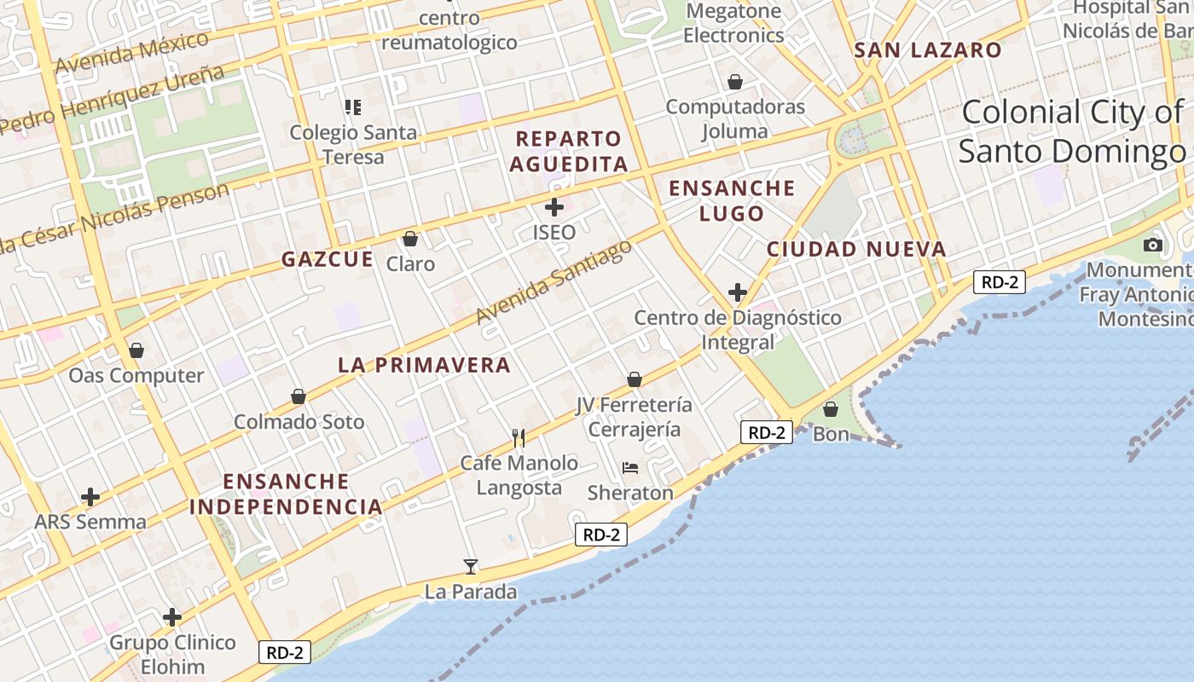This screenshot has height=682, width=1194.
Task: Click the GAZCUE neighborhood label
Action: coord(327,259)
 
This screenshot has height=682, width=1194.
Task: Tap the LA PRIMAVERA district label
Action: coord(424,365)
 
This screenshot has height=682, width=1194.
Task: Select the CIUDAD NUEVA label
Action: coord(856,249)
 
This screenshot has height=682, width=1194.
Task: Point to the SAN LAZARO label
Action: coord(928,50)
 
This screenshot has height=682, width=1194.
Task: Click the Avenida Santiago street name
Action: coord(554,281)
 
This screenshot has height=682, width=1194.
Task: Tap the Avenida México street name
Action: coord(132,53)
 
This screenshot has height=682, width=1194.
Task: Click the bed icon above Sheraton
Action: coord(630,467)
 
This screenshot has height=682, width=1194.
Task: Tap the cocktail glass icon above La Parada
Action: coord(470,566)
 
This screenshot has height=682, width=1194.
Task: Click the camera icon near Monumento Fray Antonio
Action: coord(1153,245)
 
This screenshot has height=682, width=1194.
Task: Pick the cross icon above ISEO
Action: coord(554,207)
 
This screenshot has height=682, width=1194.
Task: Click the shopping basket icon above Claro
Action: coord(410,239)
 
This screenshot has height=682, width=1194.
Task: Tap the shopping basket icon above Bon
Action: coord(831,409)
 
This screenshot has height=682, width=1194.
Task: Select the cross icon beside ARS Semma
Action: coord(90,497)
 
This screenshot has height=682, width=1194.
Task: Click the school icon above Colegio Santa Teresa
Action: coord(353,107)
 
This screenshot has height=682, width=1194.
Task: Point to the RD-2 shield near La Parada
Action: coord(601,535)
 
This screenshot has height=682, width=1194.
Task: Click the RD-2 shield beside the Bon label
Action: coord(766,432)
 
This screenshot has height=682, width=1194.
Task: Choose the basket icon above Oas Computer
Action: coord(136,350)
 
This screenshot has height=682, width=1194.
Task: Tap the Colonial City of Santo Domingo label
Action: coord(1073,131)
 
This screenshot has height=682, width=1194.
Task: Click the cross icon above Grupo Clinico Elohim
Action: coord(172,617)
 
